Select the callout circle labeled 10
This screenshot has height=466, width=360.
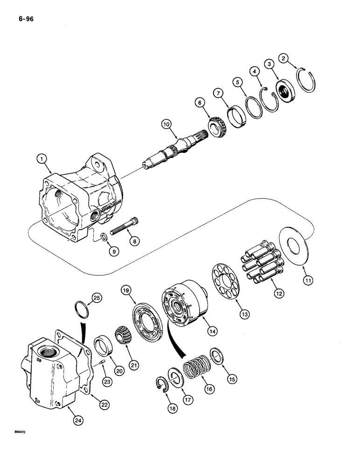coord(166,124)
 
